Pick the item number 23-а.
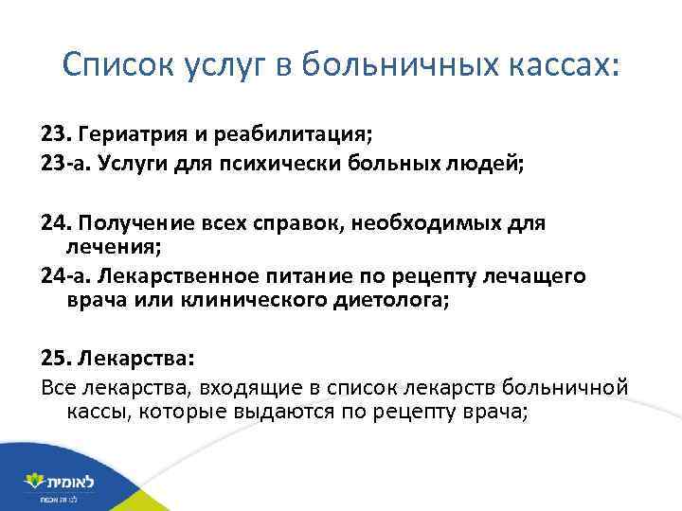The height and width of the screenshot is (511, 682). pos(65,164)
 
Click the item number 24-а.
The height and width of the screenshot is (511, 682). pos(65,275)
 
